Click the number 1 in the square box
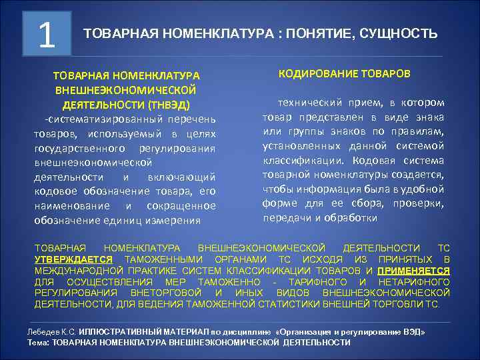pos(47,33)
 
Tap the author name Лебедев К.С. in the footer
pos(51,331)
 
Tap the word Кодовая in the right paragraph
pos(373,160)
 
